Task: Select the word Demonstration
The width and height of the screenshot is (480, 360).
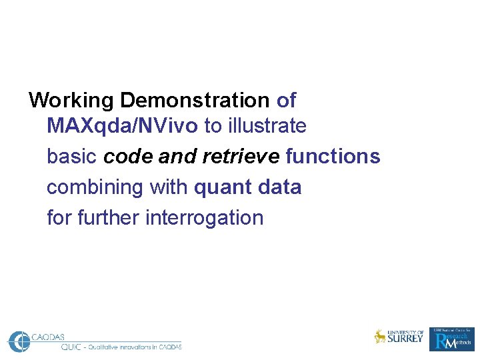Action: (195, 101)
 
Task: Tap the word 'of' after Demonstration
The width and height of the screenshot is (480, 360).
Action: (286, 101)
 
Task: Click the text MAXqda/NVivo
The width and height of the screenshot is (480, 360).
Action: (122, 125)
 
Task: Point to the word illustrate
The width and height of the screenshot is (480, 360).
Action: (267, 125)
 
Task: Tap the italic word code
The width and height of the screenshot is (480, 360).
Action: (128, 157)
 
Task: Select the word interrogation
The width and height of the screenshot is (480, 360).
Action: (205, 218)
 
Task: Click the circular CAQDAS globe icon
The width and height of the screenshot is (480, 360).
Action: (19, 341)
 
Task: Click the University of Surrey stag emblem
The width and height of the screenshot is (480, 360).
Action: (380, 337)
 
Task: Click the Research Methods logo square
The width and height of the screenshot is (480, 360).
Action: (453, 339)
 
